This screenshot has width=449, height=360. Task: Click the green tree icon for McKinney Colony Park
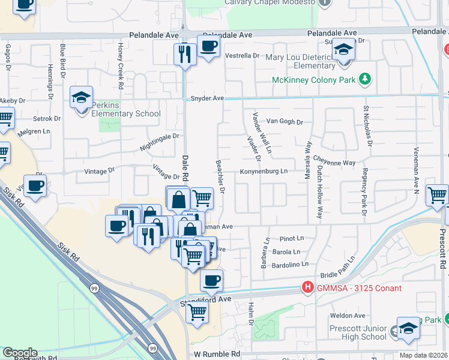[x=364, y=79]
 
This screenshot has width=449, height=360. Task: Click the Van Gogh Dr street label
[x=285, y=122]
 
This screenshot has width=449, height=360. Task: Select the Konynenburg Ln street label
[x=264, y=172]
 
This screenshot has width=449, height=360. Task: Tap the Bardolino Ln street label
[x=290, y=264]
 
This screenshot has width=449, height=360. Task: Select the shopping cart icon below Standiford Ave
[x=197, y=312]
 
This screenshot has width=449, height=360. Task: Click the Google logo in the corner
[x=20, y=353]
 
